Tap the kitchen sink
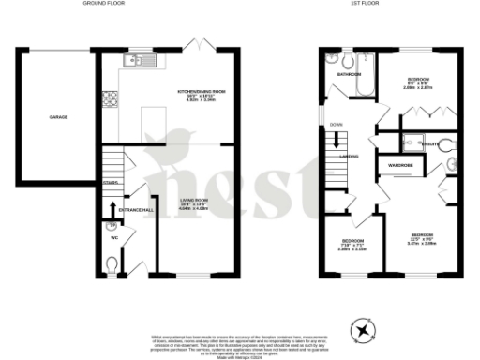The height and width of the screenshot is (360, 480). point(135,62)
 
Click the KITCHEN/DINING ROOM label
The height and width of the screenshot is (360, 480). point(202,92)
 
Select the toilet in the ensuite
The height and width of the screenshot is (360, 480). point(452,144)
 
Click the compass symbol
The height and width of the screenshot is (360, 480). point(364,328)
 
